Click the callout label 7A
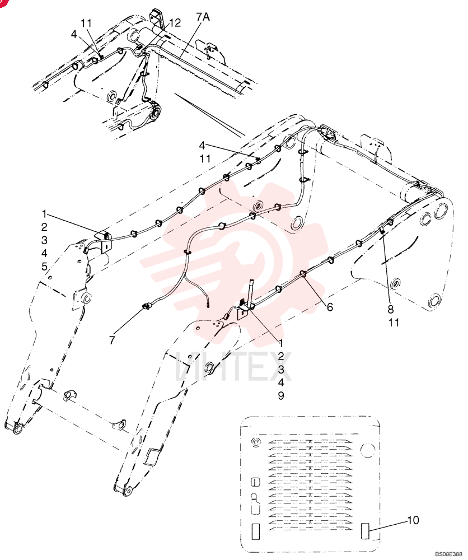(x=203, y=17)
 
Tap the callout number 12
(x=175, y=23)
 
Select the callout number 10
(x=413, y=520)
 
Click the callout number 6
(x=330, y=307)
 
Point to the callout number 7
(x=112, y=340)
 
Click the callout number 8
(x=391, y=309)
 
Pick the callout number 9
(x=281, y=396)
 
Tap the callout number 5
(x=44, y=267)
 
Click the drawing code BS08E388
(x=448, y=554)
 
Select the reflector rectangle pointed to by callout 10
(x=366, y=531)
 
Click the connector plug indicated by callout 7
(x=147, y=306)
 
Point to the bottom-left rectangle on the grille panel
(x=256, y=531)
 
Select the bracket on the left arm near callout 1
(x=104, y=241)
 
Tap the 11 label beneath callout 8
(x=394, y=323)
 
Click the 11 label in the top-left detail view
(x=86, y=23)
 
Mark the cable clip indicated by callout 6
(x=303, y=274)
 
